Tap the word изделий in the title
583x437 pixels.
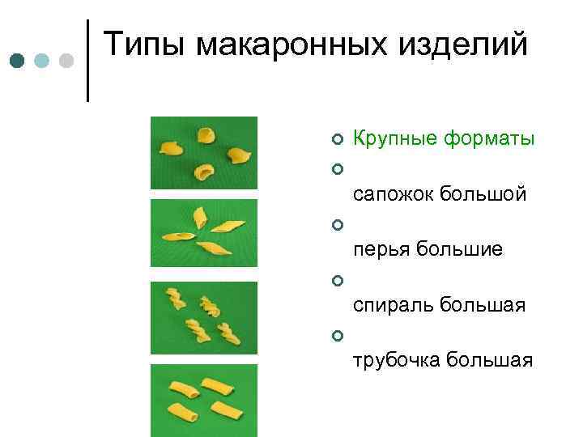click(x=468, y=45)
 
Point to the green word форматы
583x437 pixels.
click(x=488, y=139)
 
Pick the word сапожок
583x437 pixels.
click(x=393, y=195)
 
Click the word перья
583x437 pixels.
click(x=381, y=250)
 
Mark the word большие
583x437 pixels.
click(x=460, y=250)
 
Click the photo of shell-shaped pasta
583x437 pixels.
click(x=204, y=153)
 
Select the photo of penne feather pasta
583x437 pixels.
click(x=204, y=235)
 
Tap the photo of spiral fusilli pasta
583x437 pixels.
click(x=204, y=318)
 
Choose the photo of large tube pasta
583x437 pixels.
click(x=204, y=400)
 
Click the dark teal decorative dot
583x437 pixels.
click(x=19, y=62)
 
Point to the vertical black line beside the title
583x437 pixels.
click(x=87, y=61)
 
